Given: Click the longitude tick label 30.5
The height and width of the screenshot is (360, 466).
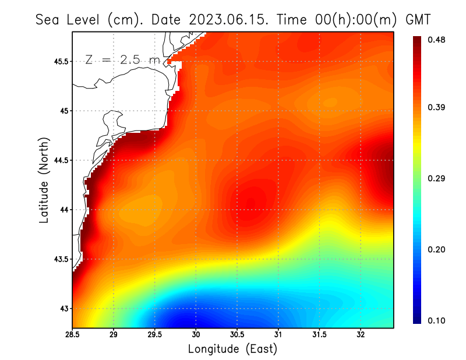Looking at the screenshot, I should (237, 334).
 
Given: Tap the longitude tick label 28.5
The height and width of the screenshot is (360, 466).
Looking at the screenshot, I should (73, 334).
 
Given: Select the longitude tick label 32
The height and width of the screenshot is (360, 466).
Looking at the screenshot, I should (361, 334).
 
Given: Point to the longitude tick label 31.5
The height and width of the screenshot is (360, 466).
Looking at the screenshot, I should (319, 334).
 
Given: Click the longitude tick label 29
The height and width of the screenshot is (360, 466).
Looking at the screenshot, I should (114, 334).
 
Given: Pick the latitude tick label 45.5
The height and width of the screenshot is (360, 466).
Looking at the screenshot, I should (59, 61).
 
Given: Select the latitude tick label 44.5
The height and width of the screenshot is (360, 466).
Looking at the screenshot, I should (59, 160).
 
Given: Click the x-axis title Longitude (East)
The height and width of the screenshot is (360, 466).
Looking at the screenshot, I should (232, 349).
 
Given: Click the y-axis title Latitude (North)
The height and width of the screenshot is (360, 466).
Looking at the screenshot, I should (44, 180).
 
